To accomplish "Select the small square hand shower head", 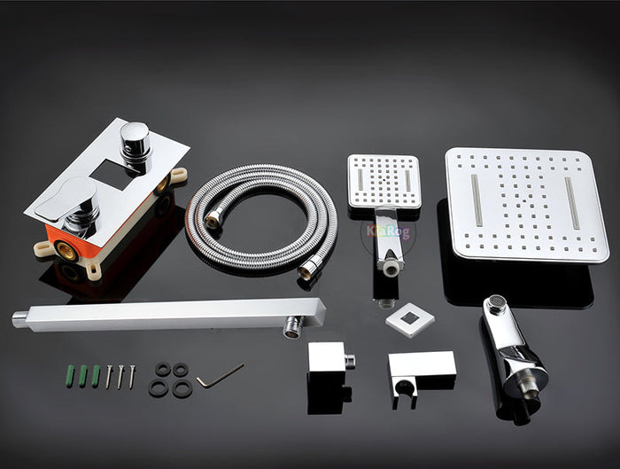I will coord(384,181).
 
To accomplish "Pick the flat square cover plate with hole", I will coord(410,319).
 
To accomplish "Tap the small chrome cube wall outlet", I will coord(327,363).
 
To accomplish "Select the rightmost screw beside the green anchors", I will coord(131,376).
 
